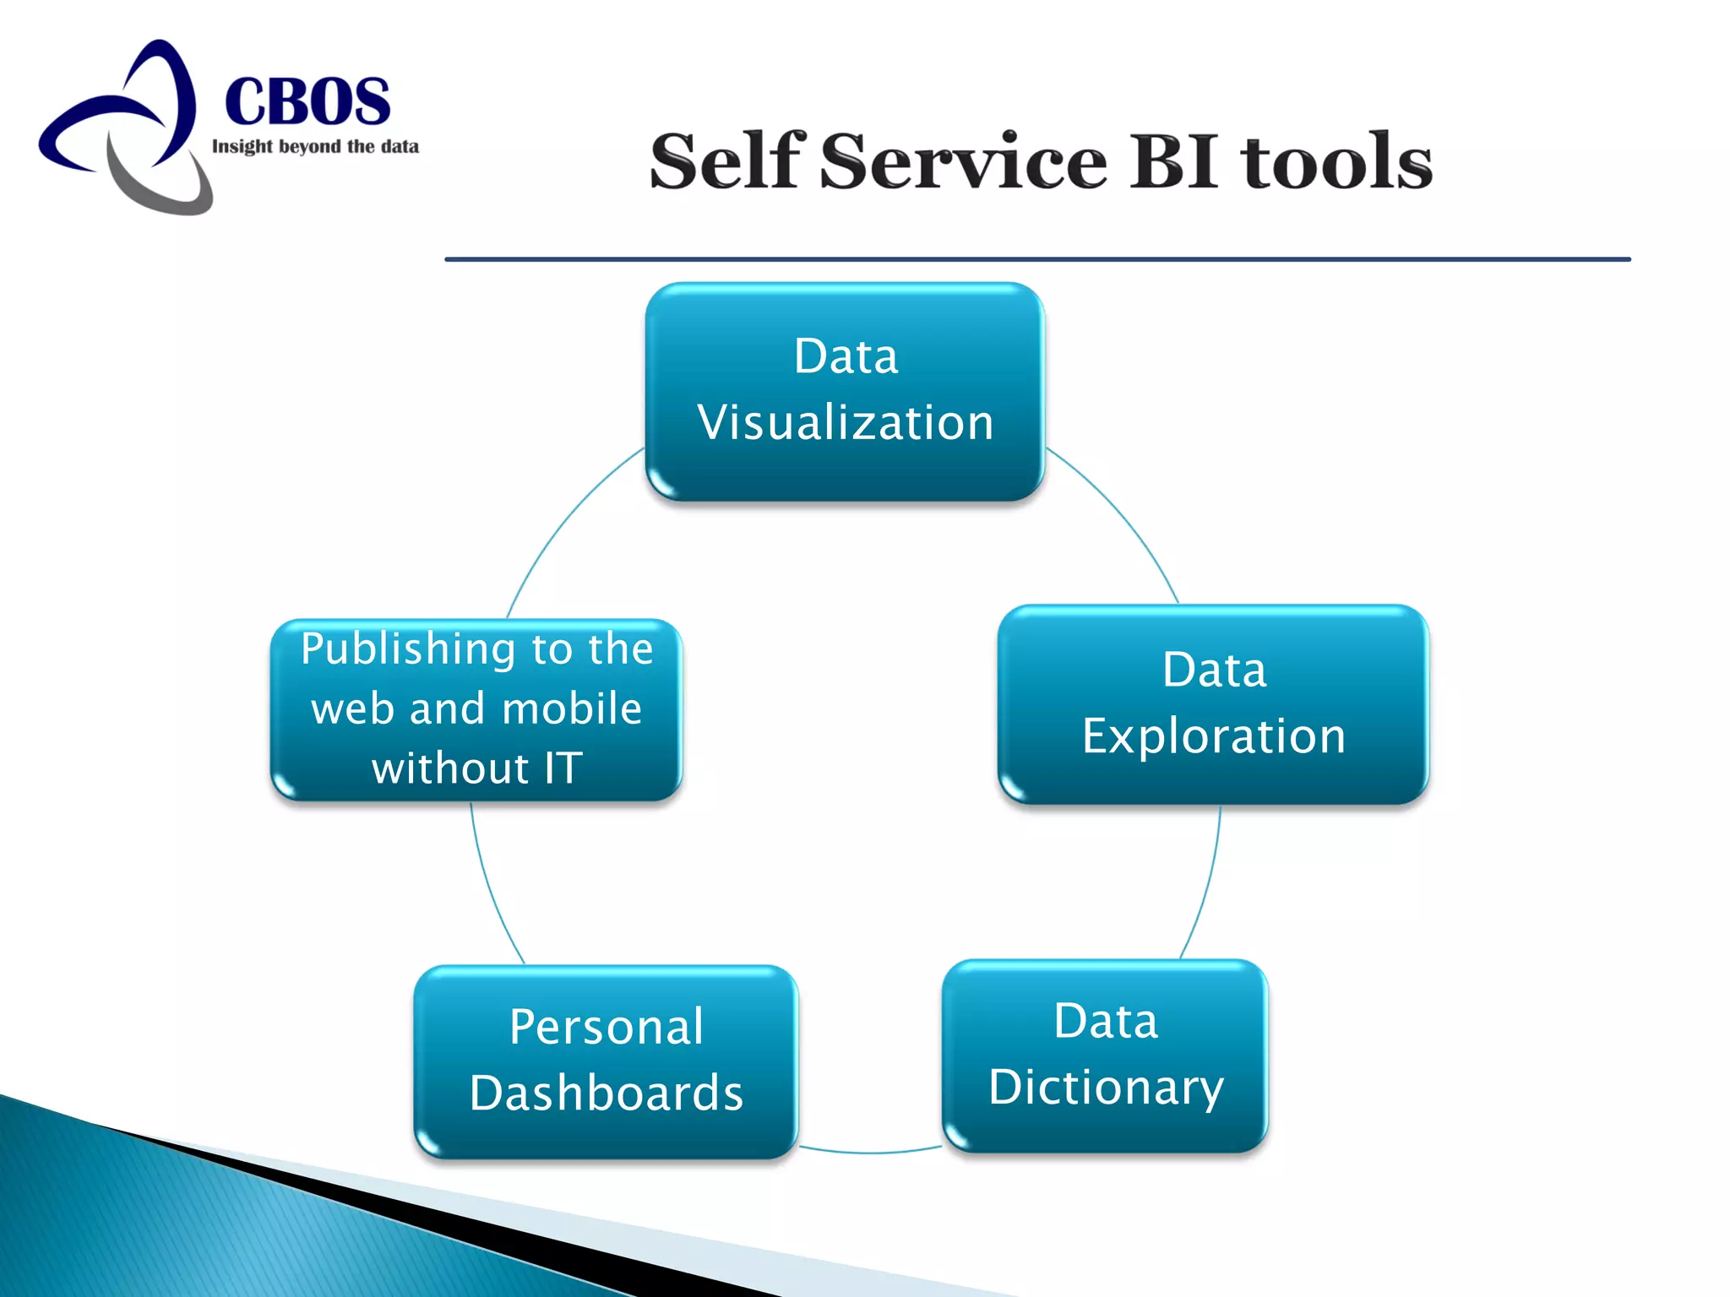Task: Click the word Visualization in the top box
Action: point(846,423)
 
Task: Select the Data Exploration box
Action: point(1213,703)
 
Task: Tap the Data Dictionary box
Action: point(1105,1055)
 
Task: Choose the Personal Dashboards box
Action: point(606,1061)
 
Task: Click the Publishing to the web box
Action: point(476,709)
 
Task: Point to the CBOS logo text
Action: point(307,101)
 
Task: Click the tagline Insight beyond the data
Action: point(315,147)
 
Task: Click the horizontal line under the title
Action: point(1037,259)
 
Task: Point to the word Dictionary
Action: point(1107,1088)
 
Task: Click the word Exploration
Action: point(1214,736)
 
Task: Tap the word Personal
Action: point(606,1028)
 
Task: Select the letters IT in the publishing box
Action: point(563,768)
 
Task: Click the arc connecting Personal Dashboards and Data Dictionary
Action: point(870,1152)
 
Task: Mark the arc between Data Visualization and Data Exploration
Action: point(1123,515)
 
